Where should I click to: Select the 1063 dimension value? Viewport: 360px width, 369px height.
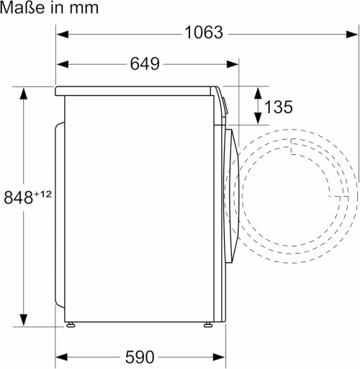pyautogui.click(x=204, y=32)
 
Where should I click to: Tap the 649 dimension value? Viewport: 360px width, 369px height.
pyautogui.click(x=145, y=63)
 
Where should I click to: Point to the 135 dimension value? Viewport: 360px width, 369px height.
pyautogui.click(x=278, y=107)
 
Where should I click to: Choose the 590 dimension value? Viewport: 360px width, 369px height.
pyautogui.click(x=140, y=357)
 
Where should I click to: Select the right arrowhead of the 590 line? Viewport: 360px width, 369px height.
pyautogui.click(x=221, y=357)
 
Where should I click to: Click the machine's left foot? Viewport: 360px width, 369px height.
pyautogui.click(x=71, y=324)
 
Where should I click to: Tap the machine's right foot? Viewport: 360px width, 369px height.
pyautogui.click(x=210, y=324)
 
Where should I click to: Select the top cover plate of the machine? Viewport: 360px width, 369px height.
pyautogui.click(x=137, y=91)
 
